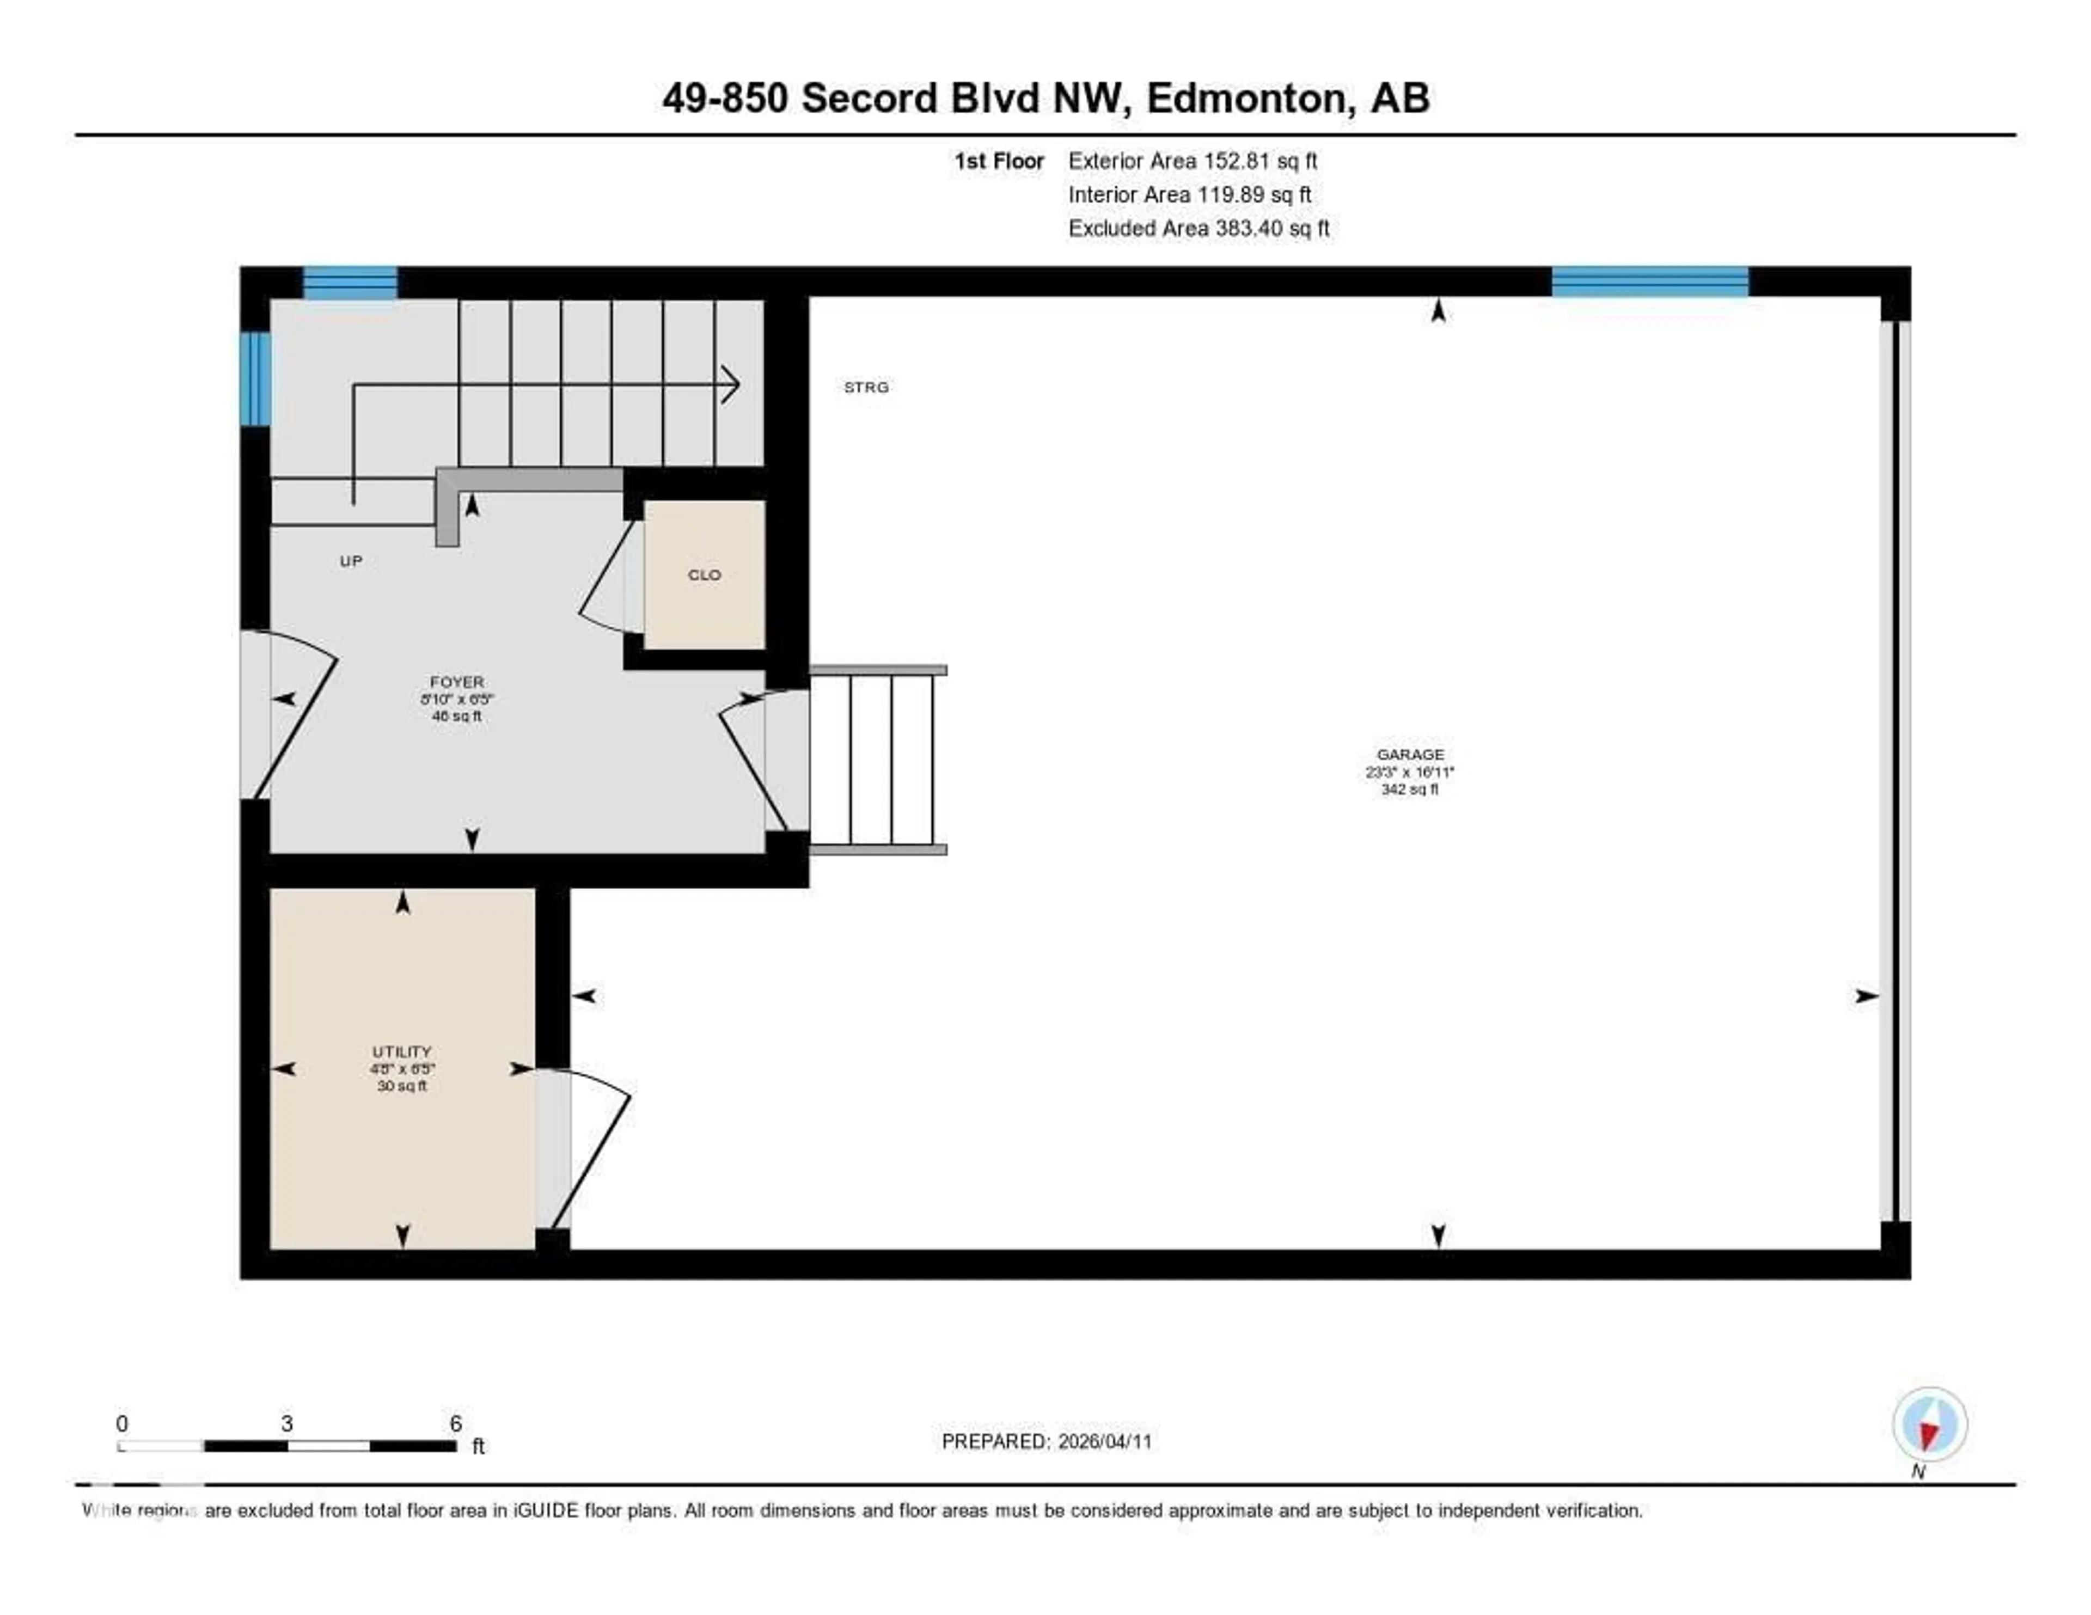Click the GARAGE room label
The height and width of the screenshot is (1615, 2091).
pos(1409,754)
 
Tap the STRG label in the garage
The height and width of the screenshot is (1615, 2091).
pos(865,387)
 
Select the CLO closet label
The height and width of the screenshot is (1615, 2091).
pos(704,574)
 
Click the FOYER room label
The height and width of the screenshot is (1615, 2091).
pos(457,682)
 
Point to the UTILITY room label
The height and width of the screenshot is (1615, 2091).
pos(402,1051)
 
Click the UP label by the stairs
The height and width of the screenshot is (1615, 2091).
pos(351,561)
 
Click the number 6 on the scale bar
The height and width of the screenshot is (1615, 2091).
pos(456,1423)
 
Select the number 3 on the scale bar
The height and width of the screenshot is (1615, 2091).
pos(286,1423)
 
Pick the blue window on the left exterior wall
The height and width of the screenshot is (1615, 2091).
pos(255,378)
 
